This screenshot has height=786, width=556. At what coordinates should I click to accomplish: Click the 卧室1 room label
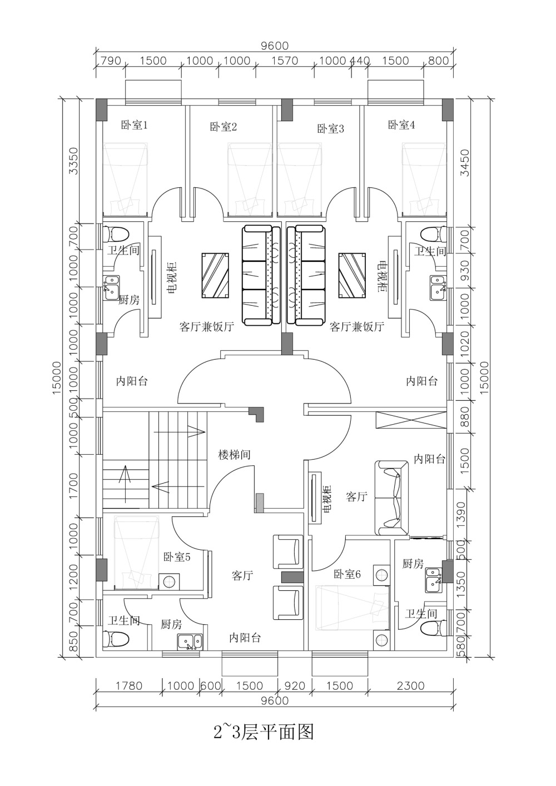pyautogui.click(x=135, y=125)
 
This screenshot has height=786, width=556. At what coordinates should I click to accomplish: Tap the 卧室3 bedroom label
pyautogui.click(x=331, y=129)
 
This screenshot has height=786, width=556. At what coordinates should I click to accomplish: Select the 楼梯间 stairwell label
pyautogui.click(x=235, y=455)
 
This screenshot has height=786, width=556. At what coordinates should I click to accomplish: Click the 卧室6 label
pyautogui.click(x=347, y=574)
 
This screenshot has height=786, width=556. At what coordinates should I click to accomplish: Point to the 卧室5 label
pyautogui.click(x=177, y=557)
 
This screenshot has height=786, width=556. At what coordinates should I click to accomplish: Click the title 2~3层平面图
pyautogui.click(x=263, y=732)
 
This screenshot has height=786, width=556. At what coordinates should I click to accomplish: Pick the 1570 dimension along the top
pyautogui.click(x=285, y=61)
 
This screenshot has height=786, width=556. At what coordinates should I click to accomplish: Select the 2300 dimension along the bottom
pyautogui.click(x=411, y=685)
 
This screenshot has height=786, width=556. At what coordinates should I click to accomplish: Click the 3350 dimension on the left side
pyautogui.click(x=74, y=161)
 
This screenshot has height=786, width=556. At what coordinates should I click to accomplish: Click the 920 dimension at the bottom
pyautogui.click(x=295, y=685)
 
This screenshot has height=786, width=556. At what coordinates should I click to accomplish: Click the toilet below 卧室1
pyautogui.click(x=116, y=233)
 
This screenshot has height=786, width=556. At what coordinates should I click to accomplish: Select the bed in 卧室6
pyautogui.click(x=353, y=608)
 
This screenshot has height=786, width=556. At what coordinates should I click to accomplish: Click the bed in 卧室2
pyautogui.click(x=250, y=180)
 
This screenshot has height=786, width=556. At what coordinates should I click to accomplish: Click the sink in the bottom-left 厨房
pyautogui.click(x=190, y=642)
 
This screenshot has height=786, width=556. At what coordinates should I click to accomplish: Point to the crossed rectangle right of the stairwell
pyautogui.click(x=411, y=420)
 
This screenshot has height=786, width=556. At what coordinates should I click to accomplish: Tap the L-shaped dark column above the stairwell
pyautogui.click(x=256, y=415)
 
